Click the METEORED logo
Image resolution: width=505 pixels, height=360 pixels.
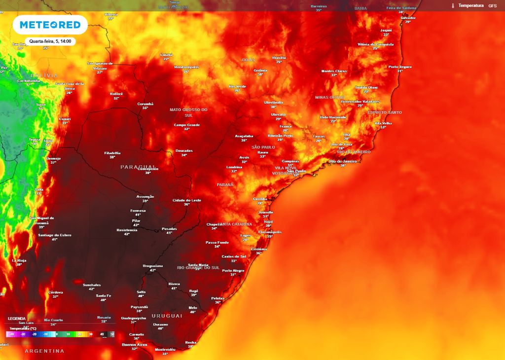point(50,25)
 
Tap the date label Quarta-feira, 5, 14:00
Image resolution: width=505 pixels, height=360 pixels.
point(50,41)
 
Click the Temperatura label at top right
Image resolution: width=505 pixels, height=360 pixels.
point(470,5)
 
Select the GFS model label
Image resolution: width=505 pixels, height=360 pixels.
point(492,5)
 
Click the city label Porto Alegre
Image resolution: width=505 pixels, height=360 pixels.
point(233,270)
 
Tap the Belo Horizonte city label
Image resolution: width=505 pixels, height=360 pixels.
point(333,117)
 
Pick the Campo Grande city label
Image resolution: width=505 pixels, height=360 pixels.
point(187,125)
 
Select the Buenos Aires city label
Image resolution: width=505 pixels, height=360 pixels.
point(135,344)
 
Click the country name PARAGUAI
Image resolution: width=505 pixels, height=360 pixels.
point(138,167)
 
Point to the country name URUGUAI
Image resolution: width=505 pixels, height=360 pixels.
point(167,315)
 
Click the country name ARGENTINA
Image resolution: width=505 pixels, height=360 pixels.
point(44,351)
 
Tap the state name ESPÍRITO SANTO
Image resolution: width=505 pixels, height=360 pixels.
point(385,112)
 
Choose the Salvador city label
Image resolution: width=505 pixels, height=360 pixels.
point(408,17)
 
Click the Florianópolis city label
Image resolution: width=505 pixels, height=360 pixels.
point(270,231)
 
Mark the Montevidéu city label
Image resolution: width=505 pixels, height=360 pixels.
point(165,349)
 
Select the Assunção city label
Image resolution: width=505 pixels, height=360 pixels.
point(145,196)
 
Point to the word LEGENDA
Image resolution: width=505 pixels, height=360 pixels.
point(16,318)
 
